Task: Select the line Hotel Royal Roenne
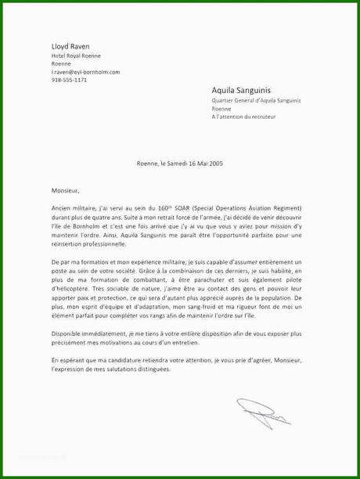point(76,57)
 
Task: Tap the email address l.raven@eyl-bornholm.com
point(85,72)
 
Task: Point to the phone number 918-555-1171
point(69,80)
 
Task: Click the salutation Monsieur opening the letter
point(64,189)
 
